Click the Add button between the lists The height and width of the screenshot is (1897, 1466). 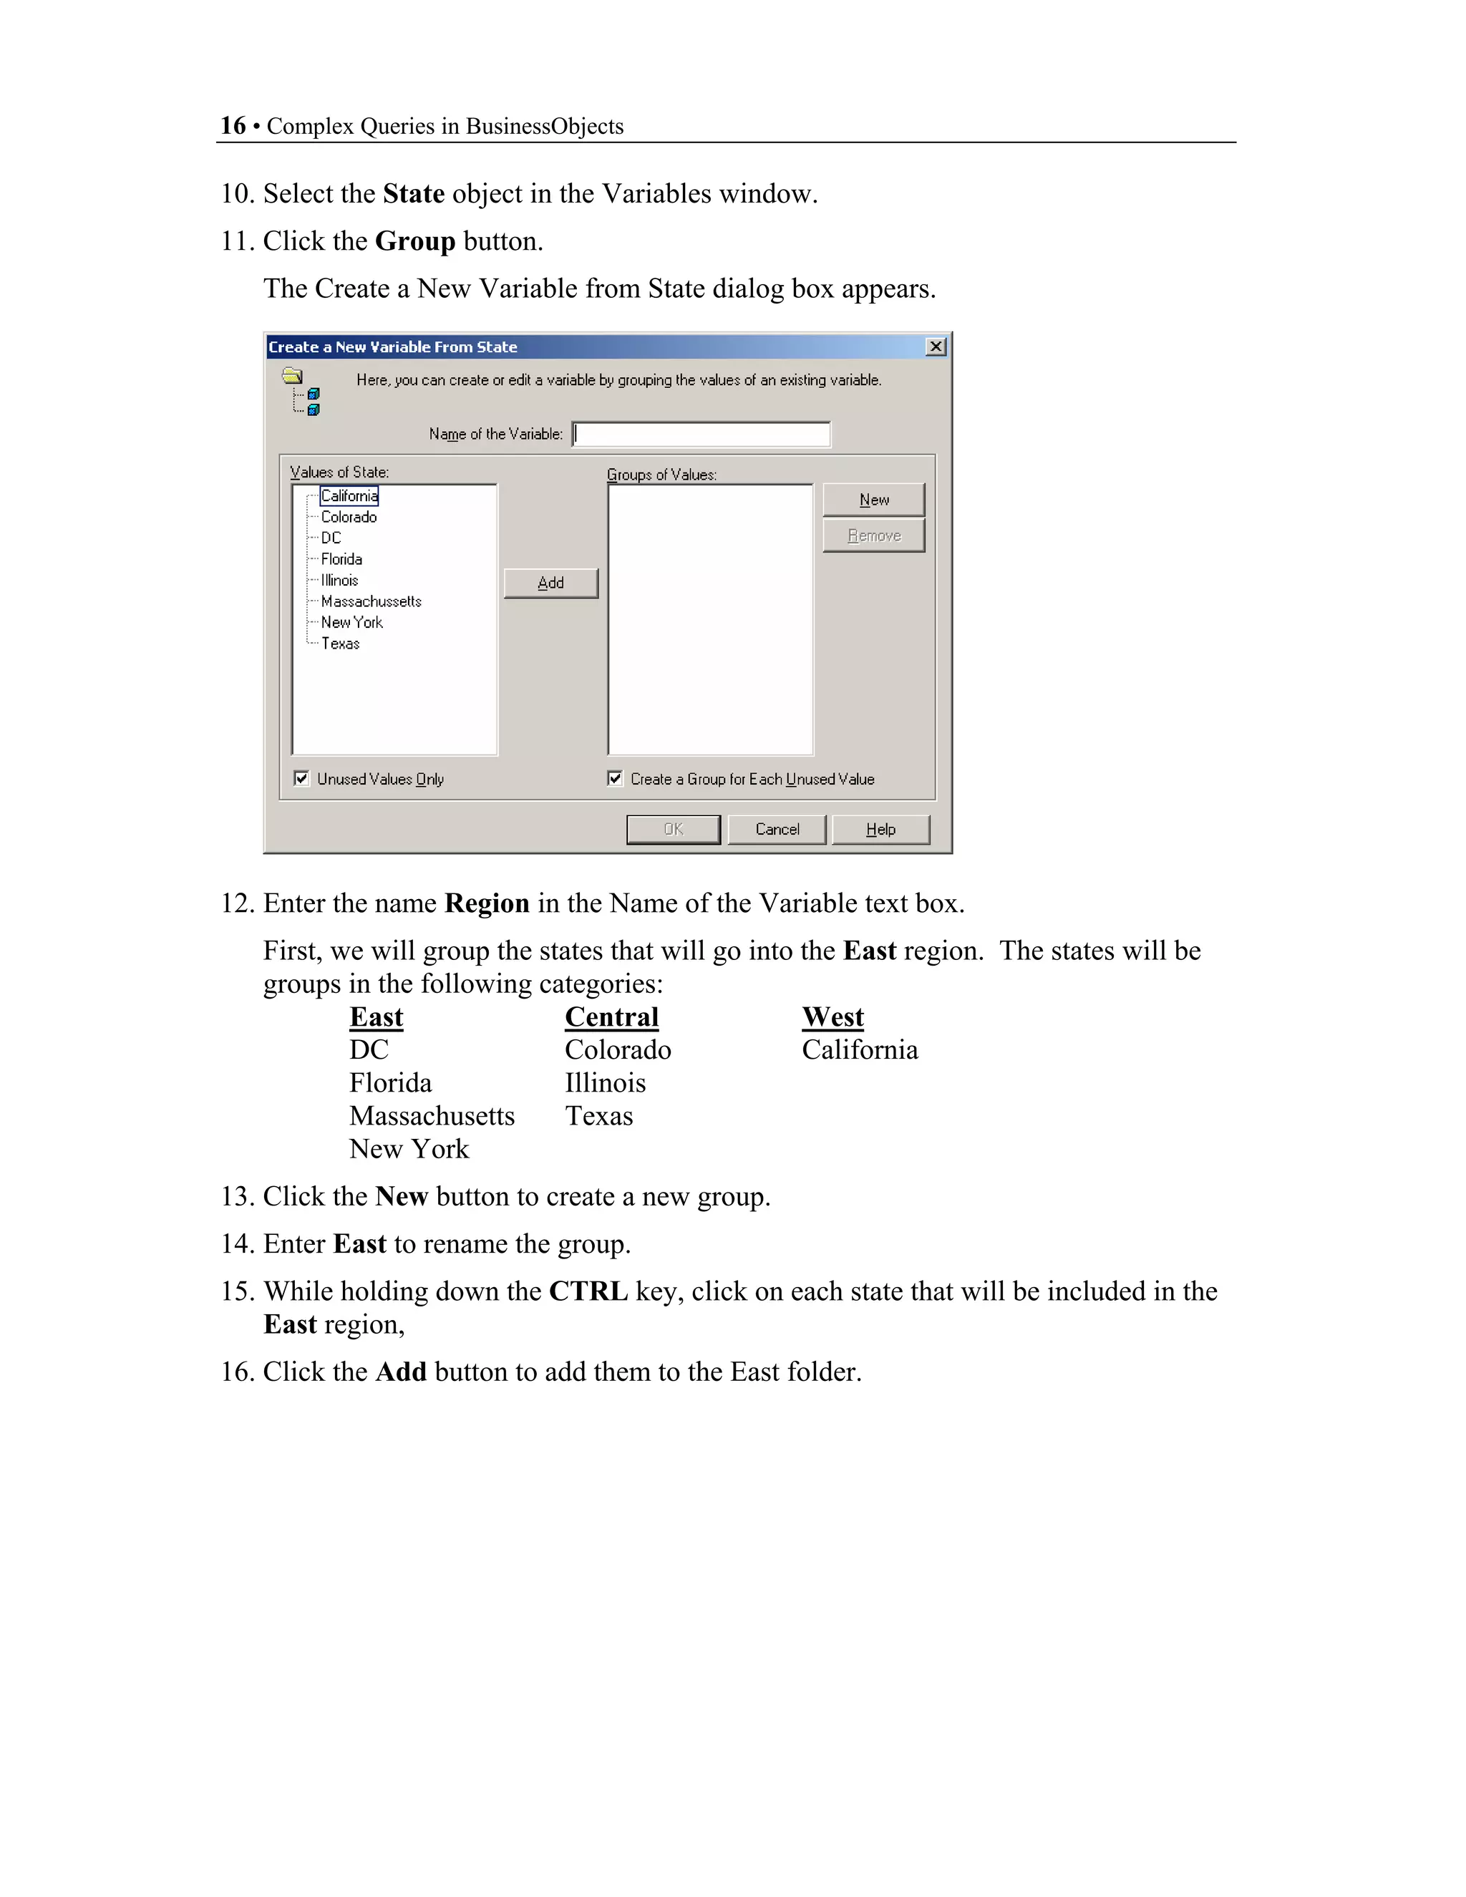coord(550,583)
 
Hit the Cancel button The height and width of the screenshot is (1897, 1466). coord(777,830)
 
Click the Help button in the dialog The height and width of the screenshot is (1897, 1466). coord(880,830)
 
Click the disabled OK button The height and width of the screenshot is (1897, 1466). coord(673,830)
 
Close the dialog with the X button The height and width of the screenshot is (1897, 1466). coord(936,346)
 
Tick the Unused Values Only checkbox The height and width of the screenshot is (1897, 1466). coord(301,778)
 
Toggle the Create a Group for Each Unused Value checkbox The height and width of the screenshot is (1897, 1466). coord(615,778)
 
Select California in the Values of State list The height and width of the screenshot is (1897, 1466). coord(349,496)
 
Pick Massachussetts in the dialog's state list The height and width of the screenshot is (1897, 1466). coord(371,601)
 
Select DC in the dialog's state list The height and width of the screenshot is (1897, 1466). coord(331,538)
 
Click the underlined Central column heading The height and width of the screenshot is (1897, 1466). coord(611,1017)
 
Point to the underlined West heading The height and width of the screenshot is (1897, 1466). coord(832,1017)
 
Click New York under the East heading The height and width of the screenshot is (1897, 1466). coord(408,1149)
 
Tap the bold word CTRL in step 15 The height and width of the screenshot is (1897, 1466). coord(588,1291)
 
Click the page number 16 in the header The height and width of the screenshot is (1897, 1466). coord(233,126)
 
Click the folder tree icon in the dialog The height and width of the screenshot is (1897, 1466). coord(301,392)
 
